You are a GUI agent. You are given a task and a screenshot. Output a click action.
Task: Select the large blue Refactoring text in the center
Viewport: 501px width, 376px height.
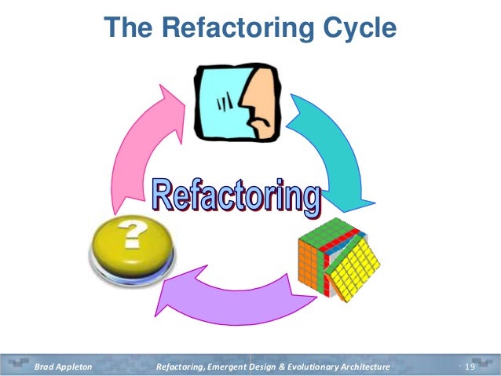[x=236, y=193]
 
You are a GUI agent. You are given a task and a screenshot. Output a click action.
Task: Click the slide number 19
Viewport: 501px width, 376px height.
[x=471, y=367]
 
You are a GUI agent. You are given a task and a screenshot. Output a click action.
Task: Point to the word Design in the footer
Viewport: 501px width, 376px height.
[x=264, y=367]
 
